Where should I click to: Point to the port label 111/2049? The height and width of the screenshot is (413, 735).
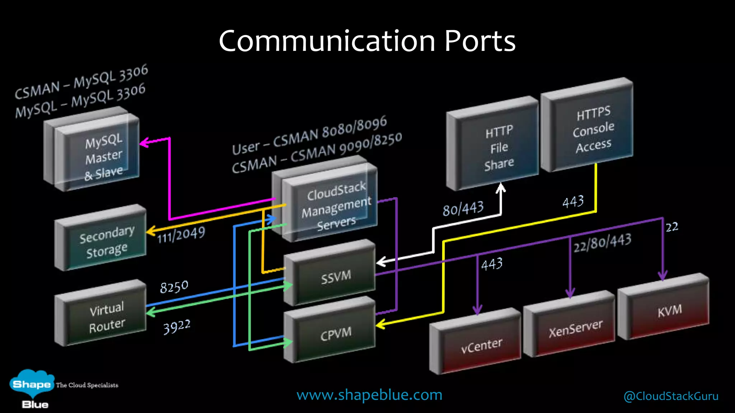click(181, 235)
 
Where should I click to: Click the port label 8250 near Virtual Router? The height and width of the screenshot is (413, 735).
click(174, 287)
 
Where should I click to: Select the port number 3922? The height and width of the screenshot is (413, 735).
click(177, 327)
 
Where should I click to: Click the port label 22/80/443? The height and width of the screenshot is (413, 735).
click(602, 243)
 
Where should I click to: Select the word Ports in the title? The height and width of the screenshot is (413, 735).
click(479, 41)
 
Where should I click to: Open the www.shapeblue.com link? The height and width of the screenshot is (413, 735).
click(369, 395)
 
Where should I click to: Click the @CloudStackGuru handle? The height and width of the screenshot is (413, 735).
click(671, 396)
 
